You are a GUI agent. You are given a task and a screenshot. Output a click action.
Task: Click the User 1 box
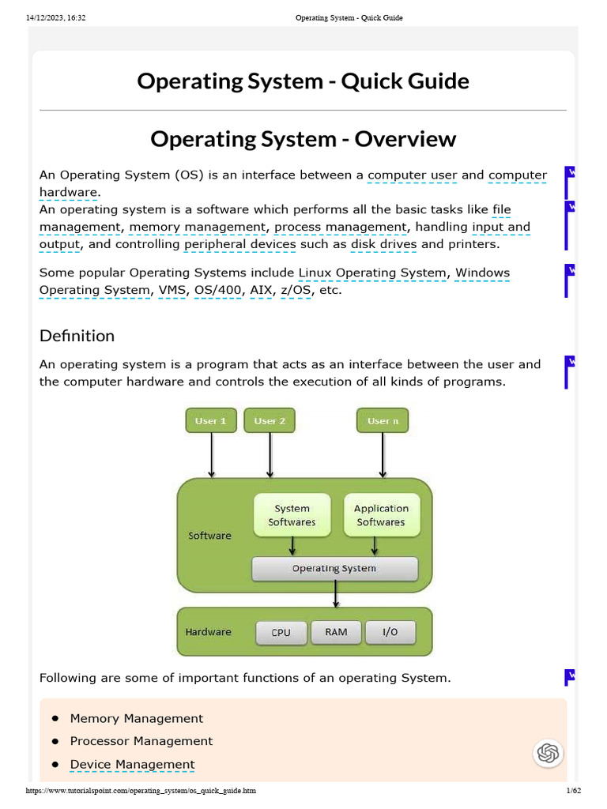(211, 421)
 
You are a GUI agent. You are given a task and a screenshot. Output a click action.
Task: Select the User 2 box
(270, 421)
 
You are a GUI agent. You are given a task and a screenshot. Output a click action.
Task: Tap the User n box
(383, 421)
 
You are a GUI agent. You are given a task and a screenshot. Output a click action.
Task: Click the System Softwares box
(292, 515)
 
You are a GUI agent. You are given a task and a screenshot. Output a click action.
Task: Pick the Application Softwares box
(381, 515)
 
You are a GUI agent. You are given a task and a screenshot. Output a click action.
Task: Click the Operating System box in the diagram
(334, 569)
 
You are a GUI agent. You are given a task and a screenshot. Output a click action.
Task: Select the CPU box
(281, 632)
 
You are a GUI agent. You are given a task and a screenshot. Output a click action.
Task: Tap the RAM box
(336, 632)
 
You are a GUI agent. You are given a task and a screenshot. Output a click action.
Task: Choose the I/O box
(390, 632)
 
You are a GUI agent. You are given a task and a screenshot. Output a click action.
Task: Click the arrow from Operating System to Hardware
(337, 594)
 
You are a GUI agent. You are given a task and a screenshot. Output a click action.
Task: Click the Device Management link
(132, 764)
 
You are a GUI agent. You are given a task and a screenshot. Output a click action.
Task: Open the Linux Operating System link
(372, 273)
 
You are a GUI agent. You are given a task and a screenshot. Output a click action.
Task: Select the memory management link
(198, 227)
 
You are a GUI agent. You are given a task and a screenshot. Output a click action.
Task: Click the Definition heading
(77, 336)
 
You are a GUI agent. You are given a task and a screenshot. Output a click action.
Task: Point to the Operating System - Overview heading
(303, 139)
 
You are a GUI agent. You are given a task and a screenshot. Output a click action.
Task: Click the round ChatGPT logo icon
(548, 753)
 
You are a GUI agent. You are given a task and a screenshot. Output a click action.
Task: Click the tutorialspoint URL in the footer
(141, 791)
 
